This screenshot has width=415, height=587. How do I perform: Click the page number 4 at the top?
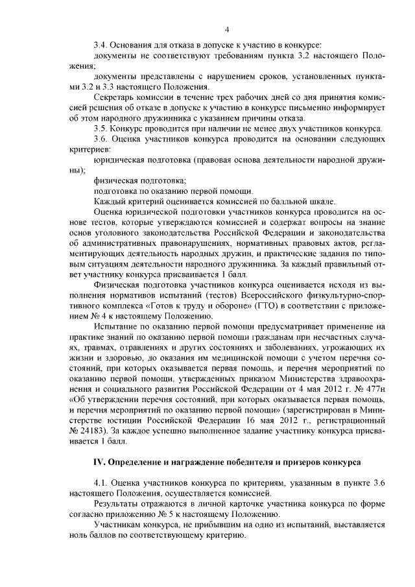click(x=227, y=29)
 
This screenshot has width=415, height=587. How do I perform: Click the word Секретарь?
click(x=115, y=97)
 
